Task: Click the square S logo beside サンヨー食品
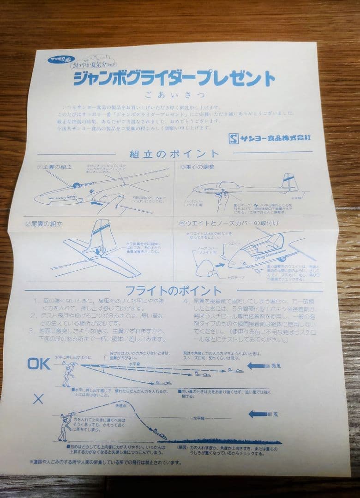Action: pyautogui.click(x=234, y=138)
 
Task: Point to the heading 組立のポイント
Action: pyautogui.click(x=174, y=154)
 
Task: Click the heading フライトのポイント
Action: pyautogui.click(x=174, y=291)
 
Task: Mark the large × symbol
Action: pyautogui.click(x=38, y=399)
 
